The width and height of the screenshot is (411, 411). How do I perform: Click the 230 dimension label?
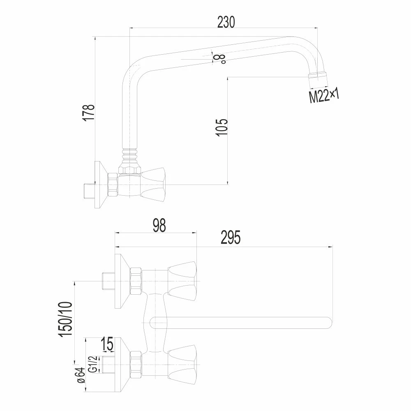click(226, 22)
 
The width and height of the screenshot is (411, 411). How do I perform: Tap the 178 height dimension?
click(89, 113)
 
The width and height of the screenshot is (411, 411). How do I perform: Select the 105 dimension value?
click(222, 128)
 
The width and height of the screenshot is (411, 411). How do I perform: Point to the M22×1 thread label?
click(324, 96)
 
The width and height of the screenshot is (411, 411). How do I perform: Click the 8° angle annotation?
click(219, 59)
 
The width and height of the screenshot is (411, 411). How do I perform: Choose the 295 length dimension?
click(231, 237)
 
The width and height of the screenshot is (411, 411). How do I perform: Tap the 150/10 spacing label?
click(65, 319)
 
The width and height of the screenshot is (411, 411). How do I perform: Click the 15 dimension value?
click(107, 344)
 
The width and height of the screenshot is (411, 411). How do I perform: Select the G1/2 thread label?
click(94, 364)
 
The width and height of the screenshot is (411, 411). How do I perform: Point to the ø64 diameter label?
click(81, 375)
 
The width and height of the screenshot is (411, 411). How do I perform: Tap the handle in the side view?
click(153, 185)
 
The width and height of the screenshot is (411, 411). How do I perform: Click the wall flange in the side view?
click(101, 185)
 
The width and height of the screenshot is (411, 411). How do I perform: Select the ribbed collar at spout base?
click(130, 155)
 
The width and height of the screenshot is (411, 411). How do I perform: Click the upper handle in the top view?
click(182, 281)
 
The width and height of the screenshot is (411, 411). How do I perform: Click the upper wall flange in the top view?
click(122, 281)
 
